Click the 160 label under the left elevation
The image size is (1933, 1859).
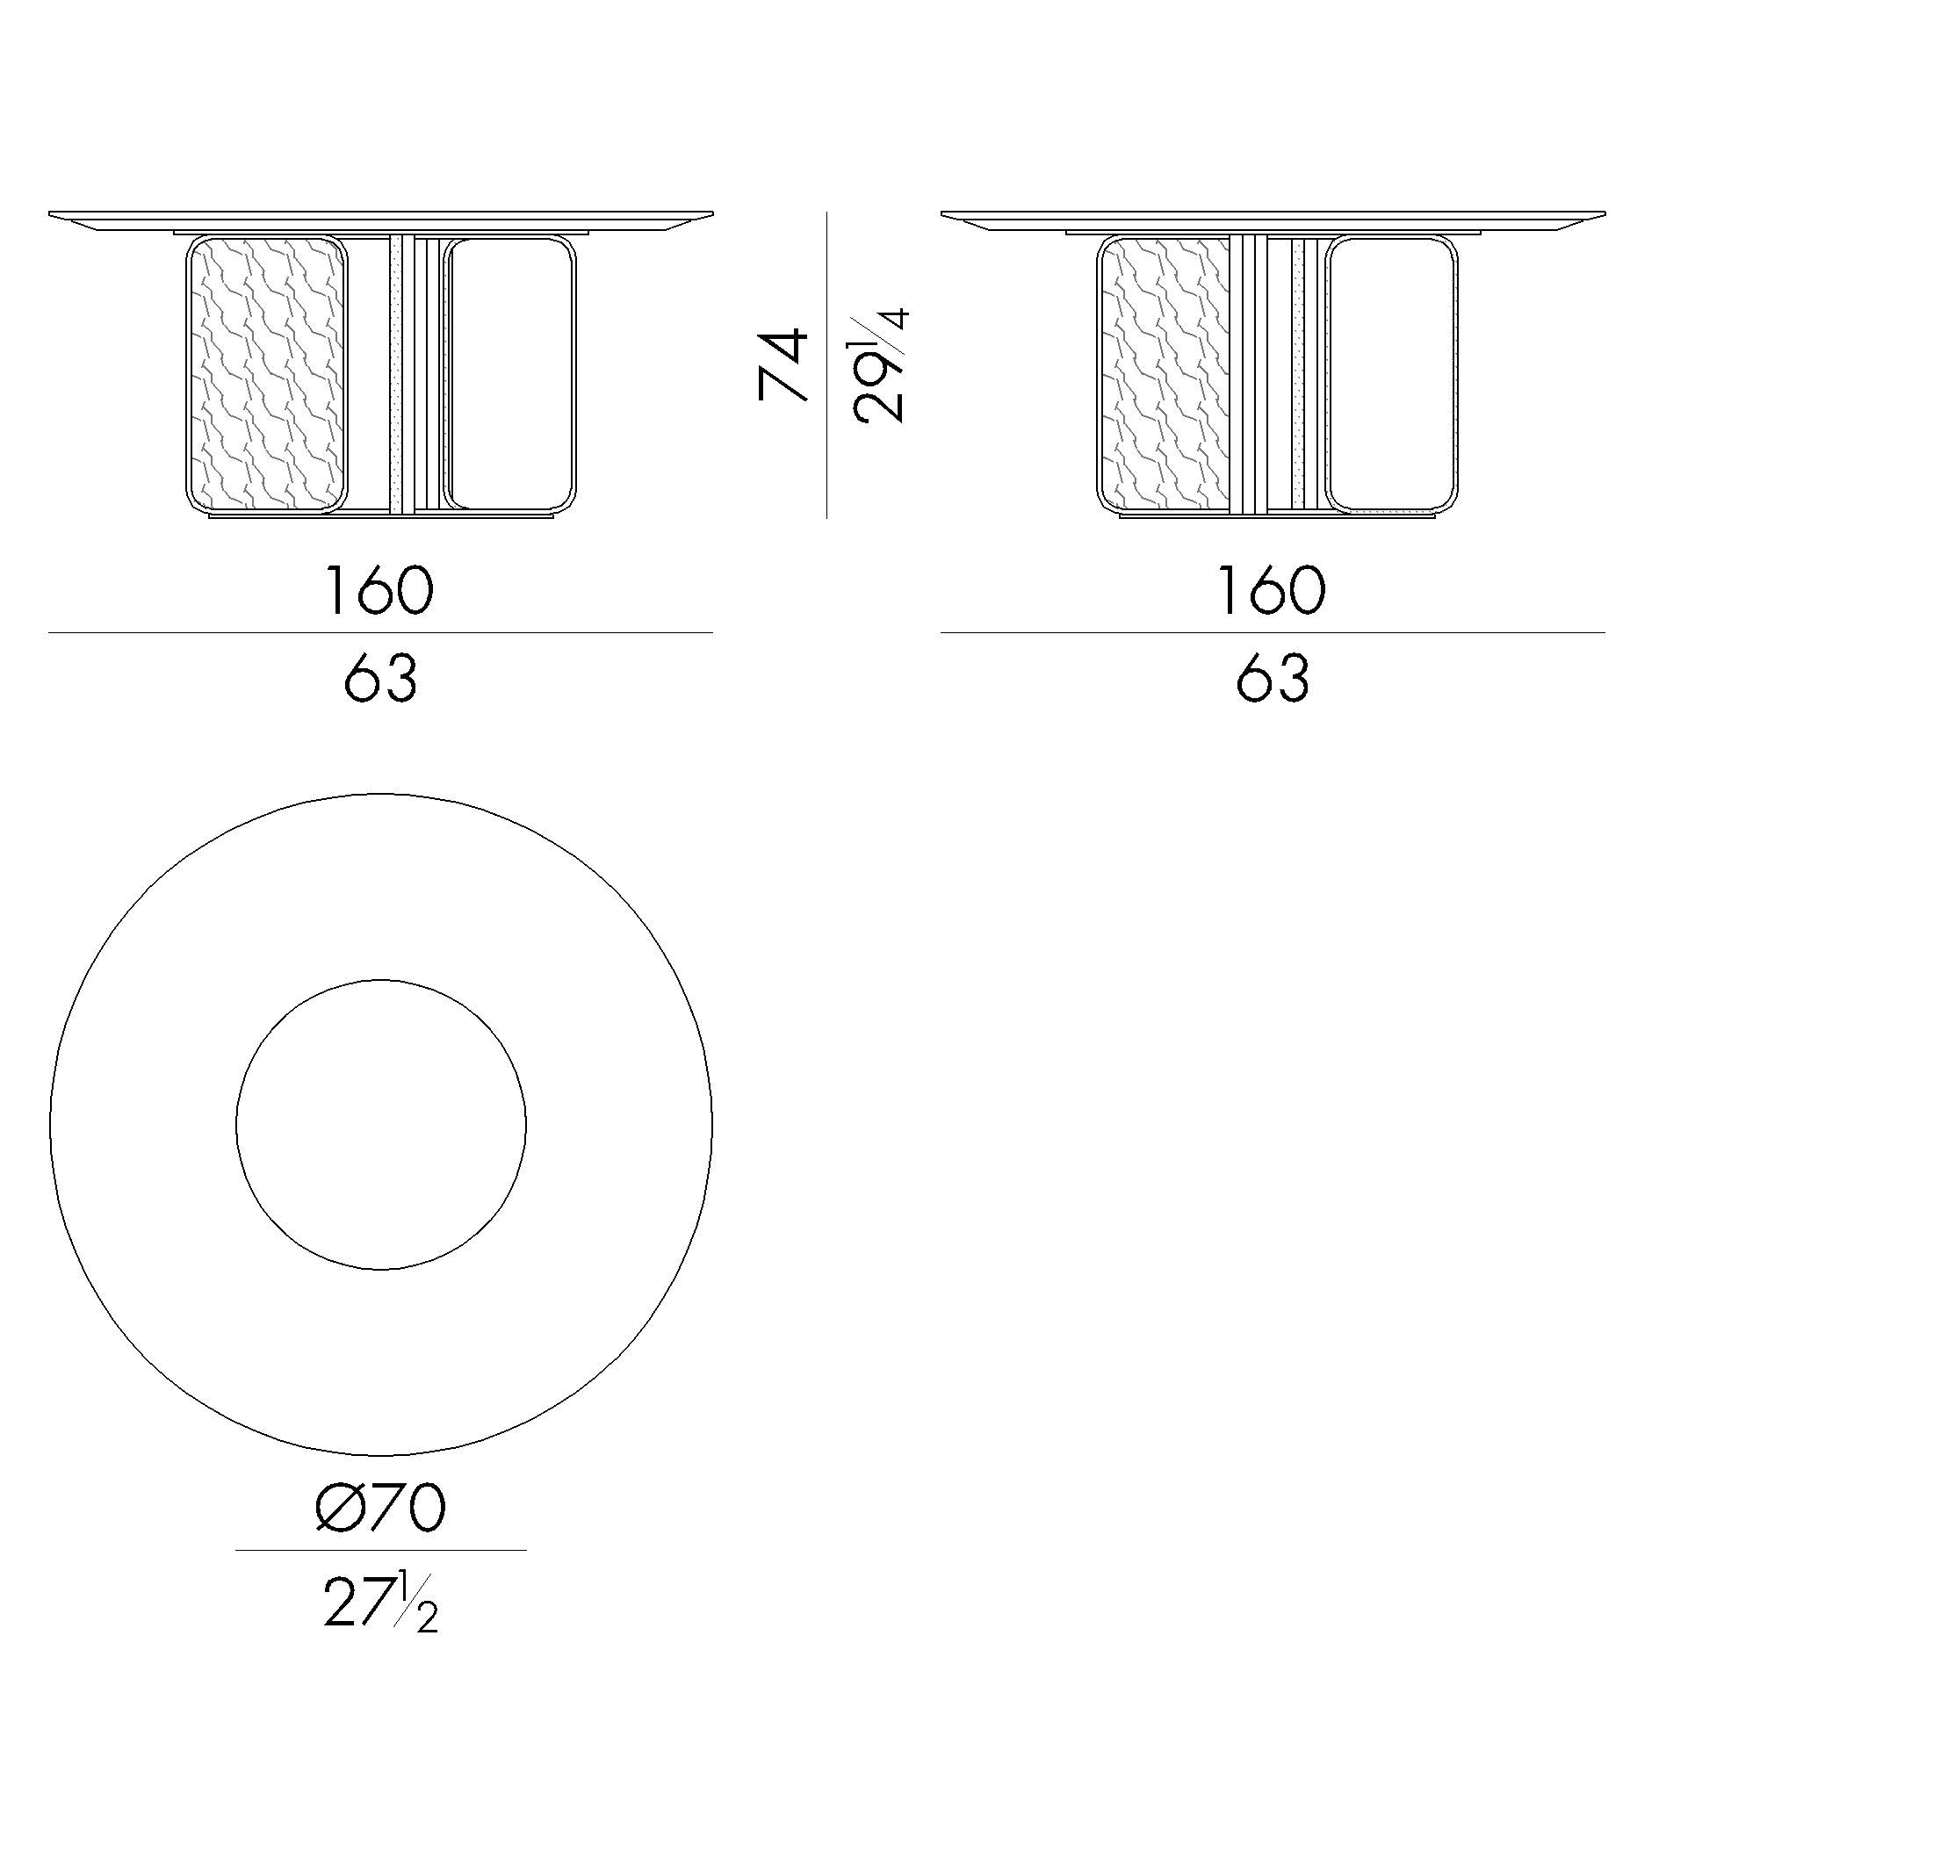coord(379,591)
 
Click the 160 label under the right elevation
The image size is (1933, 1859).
coord(1273,591)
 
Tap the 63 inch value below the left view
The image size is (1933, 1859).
coord(380,679)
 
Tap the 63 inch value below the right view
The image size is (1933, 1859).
coord(1273,679)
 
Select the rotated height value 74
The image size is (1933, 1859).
coord(783,366)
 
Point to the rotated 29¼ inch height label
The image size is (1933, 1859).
coord(880,367)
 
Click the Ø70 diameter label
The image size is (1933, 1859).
coord(380,1508)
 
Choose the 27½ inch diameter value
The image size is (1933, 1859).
coord(380,1602)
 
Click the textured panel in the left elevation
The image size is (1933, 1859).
coord(266,374)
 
